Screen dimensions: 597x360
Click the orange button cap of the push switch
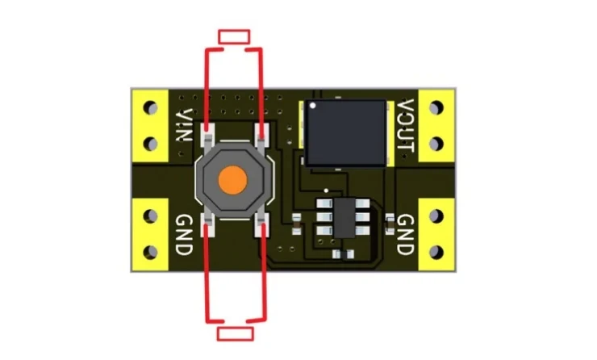pos(233,181)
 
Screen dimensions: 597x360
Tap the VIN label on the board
pos(184,125)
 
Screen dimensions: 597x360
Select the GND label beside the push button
pos(184,235)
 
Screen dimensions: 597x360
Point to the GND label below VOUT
pos(406,234)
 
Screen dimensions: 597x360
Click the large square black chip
pos(346,132)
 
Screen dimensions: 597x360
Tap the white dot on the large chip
pos(313,106)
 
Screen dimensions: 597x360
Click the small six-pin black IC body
pos(344,217)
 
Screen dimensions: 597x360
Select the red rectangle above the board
pos(234,37)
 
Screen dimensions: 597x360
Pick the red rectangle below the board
pos(236,333)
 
